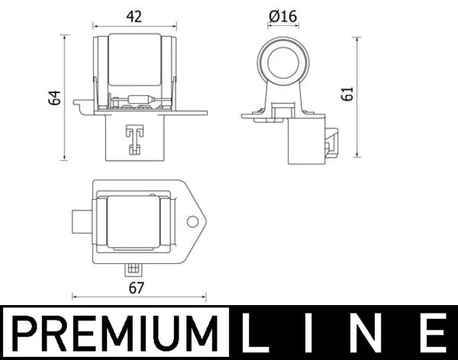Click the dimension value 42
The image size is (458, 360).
tap(133, 15)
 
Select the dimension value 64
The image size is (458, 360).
tap(54, 98)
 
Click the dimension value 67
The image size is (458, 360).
tap(137, 288)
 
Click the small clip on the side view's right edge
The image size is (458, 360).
tap(331, 141)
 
